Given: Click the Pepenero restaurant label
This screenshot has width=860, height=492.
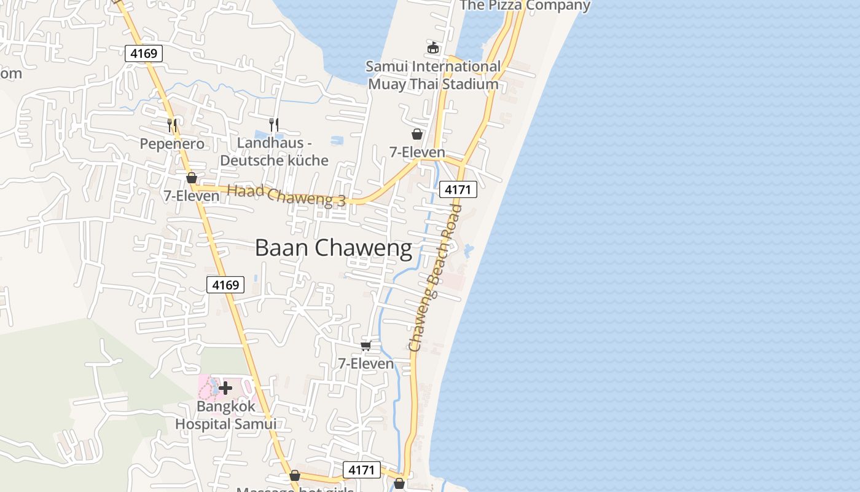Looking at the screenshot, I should [x=172, y=144].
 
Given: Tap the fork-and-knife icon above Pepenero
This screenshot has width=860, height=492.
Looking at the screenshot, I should [x=172, y=125].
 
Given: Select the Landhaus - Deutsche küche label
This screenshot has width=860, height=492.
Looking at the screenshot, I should [x=274, y=152].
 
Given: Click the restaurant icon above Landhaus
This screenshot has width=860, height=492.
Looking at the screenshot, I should [x=274, y=124].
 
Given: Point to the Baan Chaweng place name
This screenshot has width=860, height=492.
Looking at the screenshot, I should [x=333, y=248].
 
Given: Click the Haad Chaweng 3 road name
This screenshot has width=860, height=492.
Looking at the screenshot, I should [x=286, y=196].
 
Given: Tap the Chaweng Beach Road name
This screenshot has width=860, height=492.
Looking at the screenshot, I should [x=436, y=278].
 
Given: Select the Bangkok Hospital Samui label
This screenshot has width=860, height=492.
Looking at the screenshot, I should [x=225, y=415].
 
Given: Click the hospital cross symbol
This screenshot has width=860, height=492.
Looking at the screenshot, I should [x=225, y=388].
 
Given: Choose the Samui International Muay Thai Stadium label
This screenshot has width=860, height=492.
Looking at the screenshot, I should [x=433, y=75].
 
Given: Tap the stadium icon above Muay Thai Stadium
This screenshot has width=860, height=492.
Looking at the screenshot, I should [x=433, y=47].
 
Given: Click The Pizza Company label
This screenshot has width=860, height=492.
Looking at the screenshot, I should [x=525, y=6].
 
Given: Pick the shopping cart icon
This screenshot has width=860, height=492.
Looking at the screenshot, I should [x=366, y=346].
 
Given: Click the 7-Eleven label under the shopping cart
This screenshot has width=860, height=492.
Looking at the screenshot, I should [x=366, y=363].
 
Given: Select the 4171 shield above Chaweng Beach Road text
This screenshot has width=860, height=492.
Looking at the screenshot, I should [x=458, y=189].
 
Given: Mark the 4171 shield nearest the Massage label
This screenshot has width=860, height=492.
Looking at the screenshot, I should [x=361, y=470].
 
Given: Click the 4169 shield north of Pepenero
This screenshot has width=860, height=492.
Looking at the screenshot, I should [x=144, y=54].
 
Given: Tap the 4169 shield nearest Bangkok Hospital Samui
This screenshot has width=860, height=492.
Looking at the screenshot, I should [x=225, y=285].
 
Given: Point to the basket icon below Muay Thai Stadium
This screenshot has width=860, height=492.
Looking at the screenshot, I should [x=417, y=134].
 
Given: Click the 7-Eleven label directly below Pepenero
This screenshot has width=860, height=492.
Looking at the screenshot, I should [x=191, y=196].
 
